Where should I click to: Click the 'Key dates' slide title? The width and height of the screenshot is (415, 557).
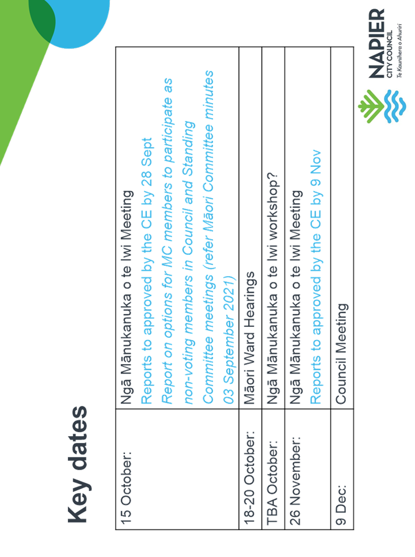point(77,464)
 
